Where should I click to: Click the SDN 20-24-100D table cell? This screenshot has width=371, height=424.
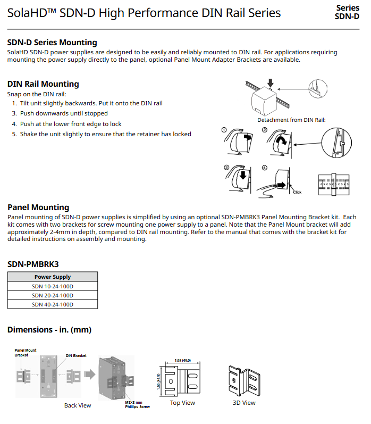[53, 295]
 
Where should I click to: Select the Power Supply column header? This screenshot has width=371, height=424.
[53, 277]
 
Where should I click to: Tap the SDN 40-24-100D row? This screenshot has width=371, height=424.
[53, 304]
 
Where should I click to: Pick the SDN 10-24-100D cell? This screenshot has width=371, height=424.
[53, 286]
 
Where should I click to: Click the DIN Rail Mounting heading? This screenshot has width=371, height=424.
[43, 84]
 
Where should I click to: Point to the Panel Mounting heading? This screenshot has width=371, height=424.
[38, 207]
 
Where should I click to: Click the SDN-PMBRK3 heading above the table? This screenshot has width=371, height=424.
[32, 264]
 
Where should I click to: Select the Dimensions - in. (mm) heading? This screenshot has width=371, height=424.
[49, 330]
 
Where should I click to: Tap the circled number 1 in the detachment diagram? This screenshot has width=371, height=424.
[224, 130]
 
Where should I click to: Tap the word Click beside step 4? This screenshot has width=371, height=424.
[297, 192]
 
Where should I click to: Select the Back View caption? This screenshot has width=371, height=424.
[78, 405]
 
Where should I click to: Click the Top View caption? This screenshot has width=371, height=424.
[182, 403]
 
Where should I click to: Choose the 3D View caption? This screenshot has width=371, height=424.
[244, 403]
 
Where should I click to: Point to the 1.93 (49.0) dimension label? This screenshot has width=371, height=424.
[182, 361]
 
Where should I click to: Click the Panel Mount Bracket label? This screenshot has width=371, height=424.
[26, 352]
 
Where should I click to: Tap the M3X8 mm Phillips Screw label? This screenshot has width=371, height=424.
[137, 404]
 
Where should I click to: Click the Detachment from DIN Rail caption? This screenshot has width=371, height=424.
[291, 120]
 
